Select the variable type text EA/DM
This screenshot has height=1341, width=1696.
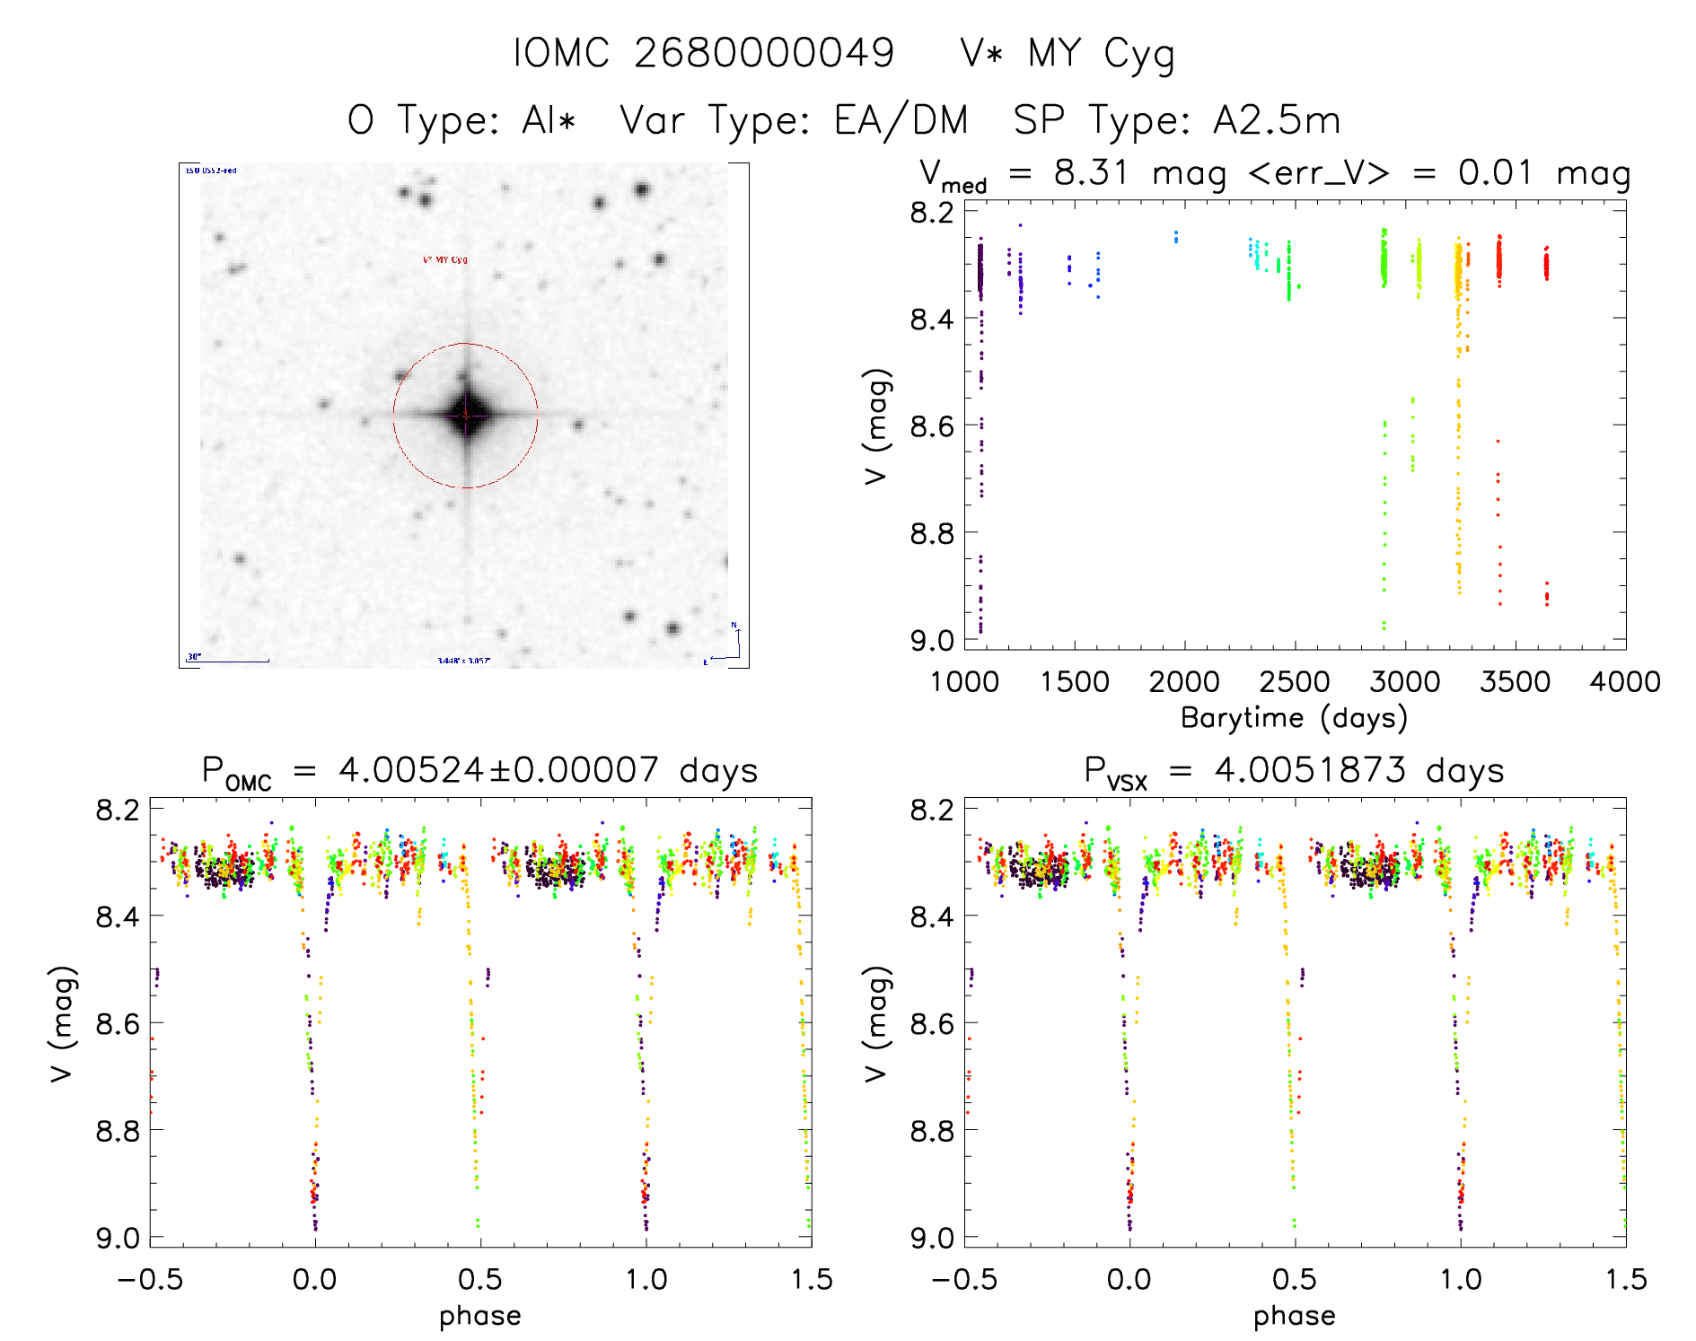901,120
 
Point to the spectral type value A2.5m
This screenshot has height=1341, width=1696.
1276,120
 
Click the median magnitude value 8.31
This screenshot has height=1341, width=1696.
1090,173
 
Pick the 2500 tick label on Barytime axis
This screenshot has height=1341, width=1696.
1294,682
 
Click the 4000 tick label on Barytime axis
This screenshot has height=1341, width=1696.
1624,682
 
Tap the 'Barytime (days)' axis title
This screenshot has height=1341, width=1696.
1294,718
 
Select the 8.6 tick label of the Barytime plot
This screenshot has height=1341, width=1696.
932,425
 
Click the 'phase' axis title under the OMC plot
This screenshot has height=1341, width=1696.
479,1316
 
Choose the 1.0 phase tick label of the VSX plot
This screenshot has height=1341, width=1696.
1461,1280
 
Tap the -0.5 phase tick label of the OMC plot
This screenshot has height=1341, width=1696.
150,1280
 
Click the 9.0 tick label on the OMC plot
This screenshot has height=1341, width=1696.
118,1239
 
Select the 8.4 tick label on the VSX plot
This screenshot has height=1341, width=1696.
932,916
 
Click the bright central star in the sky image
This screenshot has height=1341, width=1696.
466,416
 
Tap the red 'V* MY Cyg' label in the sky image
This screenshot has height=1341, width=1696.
445,260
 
